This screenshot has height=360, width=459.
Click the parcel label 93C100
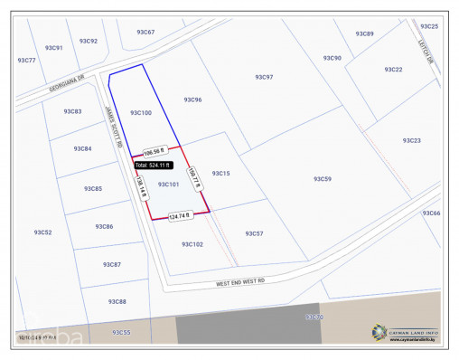click(x=140, y=113)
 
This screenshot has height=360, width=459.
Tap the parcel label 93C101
click(x=169, y=185)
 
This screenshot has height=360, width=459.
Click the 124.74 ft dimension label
click(x=180, y=215)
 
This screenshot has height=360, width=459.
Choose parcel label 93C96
click(x=192, y=99)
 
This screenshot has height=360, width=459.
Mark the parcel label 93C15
click(x=220, y=173)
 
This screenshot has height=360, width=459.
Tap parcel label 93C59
click(x=323, y=179)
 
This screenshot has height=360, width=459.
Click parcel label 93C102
click(x=192, y=244)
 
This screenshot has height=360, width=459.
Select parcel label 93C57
click(x=254, y=233)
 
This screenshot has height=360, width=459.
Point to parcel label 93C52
click(x=42, y=232)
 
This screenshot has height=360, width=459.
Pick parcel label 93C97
click(x=264, y=78)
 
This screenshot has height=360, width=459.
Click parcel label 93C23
click(x=411, y=140)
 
